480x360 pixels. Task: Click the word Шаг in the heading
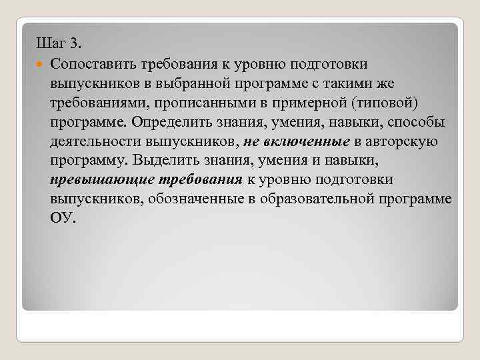tap(50, 44)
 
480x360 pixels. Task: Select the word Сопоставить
tap(93, 64)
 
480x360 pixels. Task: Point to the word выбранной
tap(183, 83)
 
